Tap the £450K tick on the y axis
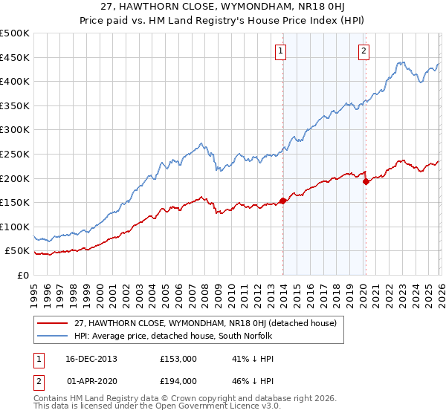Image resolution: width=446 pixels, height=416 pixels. [15, 57]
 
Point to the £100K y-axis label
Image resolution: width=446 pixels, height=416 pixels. [15, 227]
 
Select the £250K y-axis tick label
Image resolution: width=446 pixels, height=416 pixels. [15, 154]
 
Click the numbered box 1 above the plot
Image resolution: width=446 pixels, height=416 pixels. [281, 51]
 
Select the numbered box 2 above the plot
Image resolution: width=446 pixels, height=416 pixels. [364, 51]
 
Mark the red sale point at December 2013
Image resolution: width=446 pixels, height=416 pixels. [283, 201]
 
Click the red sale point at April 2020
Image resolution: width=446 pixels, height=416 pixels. [366, 181]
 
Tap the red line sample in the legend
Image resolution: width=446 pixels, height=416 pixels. [53, 323]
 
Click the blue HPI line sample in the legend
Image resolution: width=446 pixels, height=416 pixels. [53, 335]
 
